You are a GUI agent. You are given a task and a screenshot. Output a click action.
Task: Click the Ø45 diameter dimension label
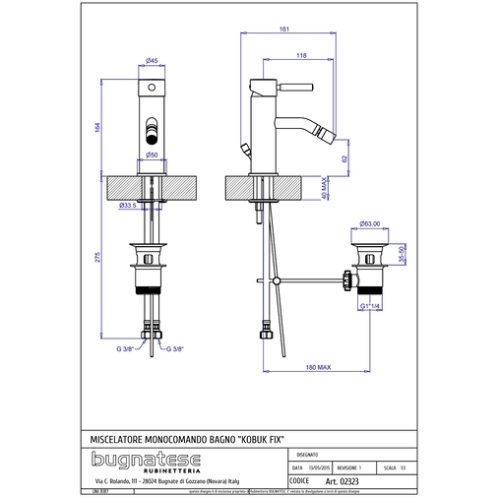click(x=153, y=61)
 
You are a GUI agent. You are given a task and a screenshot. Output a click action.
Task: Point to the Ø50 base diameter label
click(x=153, y=155)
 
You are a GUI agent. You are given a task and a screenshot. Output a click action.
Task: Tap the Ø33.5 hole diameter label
click(x=127, y=206)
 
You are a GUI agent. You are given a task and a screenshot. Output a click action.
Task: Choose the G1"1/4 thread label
click(x=370, y=307)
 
